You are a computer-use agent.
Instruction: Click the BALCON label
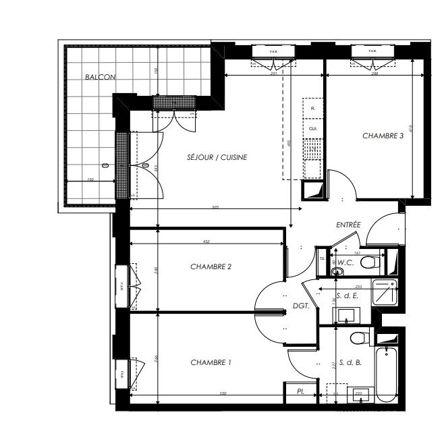click(x=100, y=78)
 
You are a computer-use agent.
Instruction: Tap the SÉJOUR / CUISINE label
click(x=217, y=157)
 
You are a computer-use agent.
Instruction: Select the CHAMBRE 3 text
click(x=383, y=136)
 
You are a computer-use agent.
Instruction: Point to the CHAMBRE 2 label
click(x=211, y=266)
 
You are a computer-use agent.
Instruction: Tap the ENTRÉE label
click(x=349, y=224)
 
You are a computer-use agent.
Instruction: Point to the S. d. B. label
click(x=350, y=362)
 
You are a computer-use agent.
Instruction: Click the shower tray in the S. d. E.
click(x=387, y=291)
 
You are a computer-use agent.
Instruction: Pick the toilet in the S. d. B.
click(x=358, y=337)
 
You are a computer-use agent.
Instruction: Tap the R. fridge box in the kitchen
click(x=312, y=108)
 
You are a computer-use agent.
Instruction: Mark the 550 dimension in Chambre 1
click(x=221, y=393)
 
